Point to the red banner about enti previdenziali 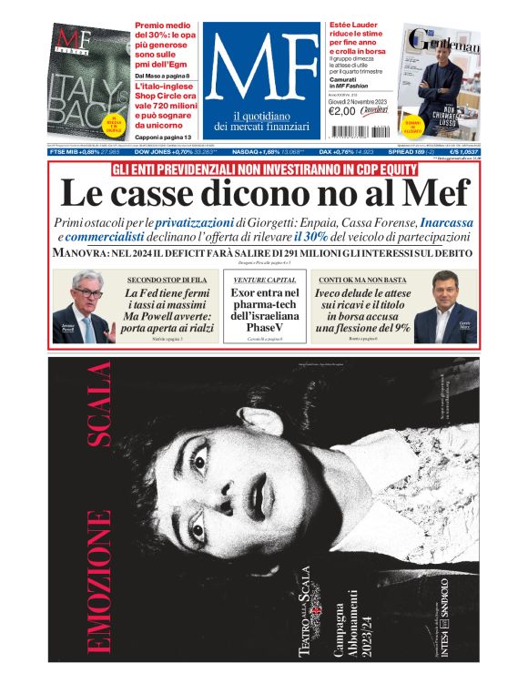(264, 169)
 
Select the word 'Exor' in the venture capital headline (246, 293)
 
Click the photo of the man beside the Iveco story (445, 310)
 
